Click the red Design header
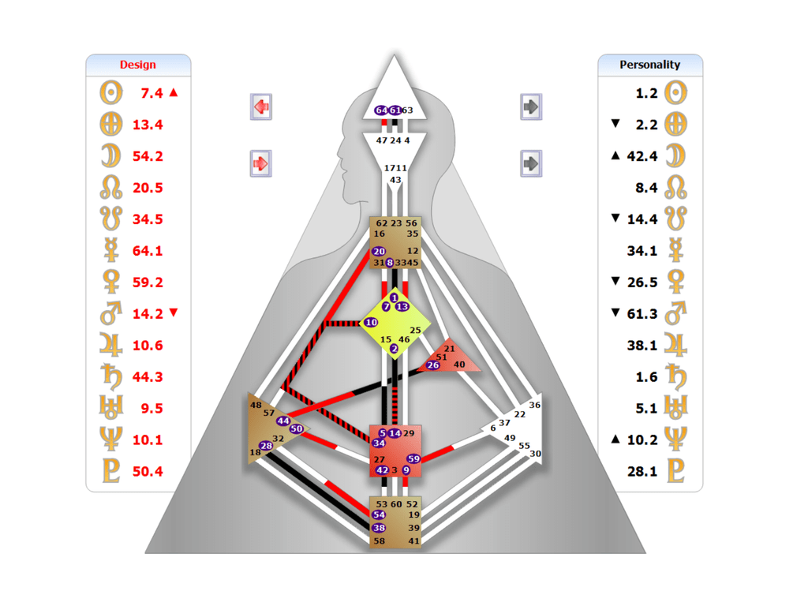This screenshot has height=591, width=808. pyautogui.click(x=138, y=65)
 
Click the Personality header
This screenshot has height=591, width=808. pyautogui.click(x=649, y=65)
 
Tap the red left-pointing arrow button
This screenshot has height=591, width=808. pyautogui.click(x=261, y=106)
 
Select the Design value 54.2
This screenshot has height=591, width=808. pyautogui.click(x=148, y=156)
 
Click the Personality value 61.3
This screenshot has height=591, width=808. pyautogui.click(x=642, y=314)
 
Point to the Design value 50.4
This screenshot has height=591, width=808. pyautogui.click(x=148, y=472)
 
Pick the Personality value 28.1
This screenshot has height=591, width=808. pyautogui.click(x=642, y=472)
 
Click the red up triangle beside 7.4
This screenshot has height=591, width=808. pyautogui.click(x=174, y=92)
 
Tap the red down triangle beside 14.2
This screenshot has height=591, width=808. pyautogui.click(x=174, y=313)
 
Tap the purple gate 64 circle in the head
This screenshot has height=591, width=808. pyautogui.click(x=381, y=110)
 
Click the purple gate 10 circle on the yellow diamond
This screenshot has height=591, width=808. pyautogui.click(x=371, y=323)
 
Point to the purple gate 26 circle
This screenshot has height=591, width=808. pyautogui.click(x=432, y=365)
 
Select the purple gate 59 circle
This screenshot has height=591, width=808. pyautogui.click(x=413, y=458)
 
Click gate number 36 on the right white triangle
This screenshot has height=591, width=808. pyautogui.click(x=535, y=405)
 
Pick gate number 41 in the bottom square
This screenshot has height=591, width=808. pyautogui.click(x=414, y=541)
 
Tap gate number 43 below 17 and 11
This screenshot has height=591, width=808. pyautogui.click(x=395, y=180)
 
